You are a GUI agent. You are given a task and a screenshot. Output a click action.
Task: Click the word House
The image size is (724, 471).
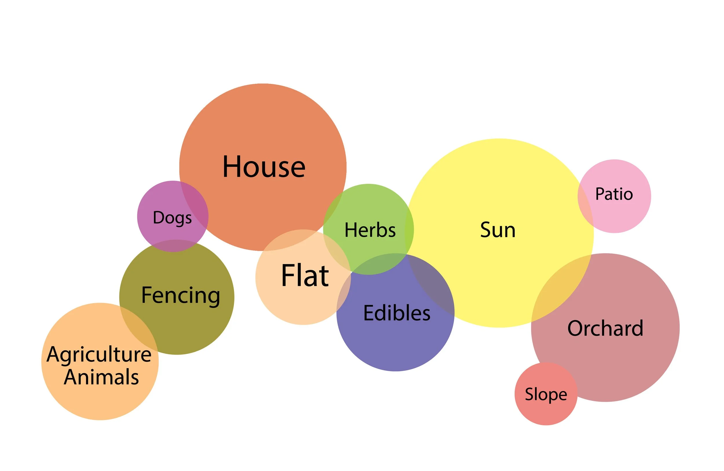tap(264, 167)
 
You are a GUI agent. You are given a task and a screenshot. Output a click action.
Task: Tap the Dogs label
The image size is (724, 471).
tap(172, 218)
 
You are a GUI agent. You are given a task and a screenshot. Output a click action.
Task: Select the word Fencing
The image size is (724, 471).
tap(181, 295)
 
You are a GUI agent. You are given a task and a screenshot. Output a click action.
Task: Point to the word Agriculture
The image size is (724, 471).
tap(99, 355)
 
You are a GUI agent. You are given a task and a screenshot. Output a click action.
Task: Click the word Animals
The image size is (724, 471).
tap(101, 377)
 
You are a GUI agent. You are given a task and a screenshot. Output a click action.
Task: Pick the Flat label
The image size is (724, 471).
tap(305, 276)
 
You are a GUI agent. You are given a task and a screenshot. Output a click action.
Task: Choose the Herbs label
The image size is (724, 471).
tap(370, 230)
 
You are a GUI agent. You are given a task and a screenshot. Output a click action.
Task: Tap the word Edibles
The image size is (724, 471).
tap(397, 313)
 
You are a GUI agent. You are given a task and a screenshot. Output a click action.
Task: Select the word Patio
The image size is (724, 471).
tap(614, 194)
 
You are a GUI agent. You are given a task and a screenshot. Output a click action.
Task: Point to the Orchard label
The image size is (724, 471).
tap(605, 328)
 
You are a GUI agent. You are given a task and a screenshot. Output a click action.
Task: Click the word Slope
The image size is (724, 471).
tap(546, 394)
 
